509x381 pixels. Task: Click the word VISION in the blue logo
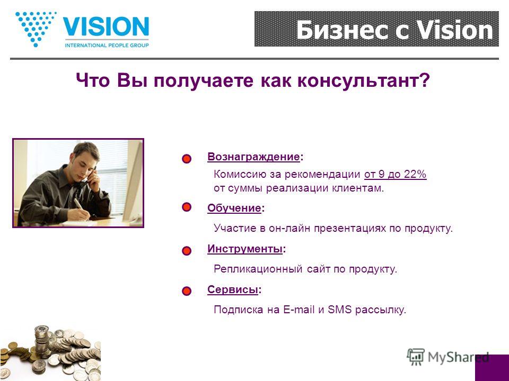click(106, 26)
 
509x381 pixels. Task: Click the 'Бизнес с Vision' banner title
click(394, 30)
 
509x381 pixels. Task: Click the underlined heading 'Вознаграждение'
click(253, 157)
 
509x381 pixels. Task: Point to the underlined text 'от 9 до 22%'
click(395, 174)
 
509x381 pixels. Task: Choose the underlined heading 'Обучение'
click(234, 208)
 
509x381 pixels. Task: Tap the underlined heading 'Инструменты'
click(245, 249)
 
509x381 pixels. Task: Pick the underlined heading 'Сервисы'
click(233, 289)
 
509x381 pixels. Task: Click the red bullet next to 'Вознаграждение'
click(187, 159)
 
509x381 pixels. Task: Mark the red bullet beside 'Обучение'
click(187, 207)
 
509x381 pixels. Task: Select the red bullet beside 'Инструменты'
click(187, 251)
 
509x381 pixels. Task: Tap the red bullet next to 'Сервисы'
click(187, 291)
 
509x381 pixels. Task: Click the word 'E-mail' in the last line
click(299, 310)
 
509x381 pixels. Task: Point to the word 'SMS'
click(339, 310)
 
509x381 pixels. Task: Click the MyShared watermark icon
click(416, 357)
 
